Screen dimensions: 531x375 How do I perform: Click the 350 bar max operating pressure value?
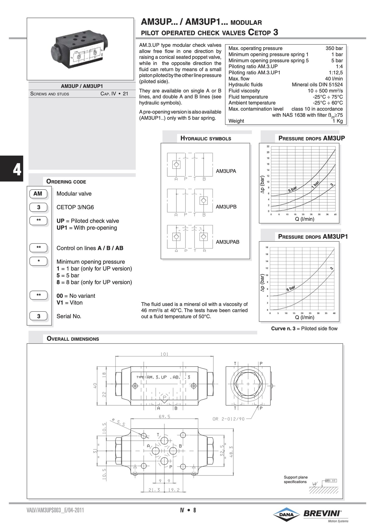click(334, 48)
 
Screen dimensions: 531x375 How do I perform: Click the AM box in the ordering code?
click(38, 193)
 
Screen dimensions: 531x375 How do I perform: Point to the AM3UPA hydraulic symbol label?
click(226, 171)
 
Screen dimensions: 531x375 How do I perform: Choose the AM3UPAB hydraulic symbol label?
click(227, 242)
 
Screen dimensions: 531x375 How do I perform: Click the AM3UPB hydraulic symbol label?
click(226, 207)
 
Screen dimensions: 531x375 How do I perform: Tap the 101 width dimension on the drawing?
click(164, 354)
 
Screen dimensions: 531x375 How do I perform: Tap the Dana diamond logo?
click(286, 514)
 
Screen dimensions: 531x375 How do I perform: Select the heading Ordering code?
click(66, 182)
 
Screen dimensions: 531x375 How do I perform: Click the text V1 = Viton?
click(70, 303)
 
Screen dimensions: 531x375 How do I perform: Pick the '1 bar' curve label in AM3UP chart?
click(315, 184)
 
